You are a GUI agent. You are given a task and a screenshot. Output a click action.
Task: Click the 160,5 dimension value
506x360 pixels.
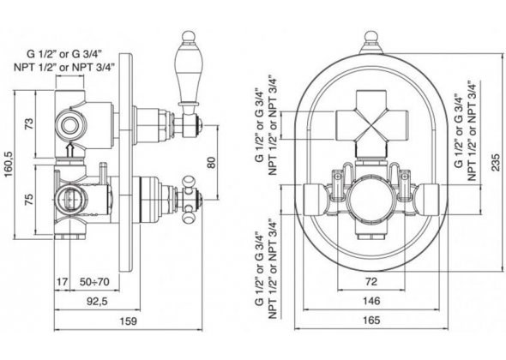coord(8,164)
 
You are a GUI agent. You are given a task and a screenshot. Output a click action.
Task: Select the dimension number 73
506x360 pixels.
coord(28,124)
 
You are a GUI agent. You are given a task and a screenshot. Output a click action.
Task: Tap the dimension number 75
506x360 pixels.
coord(28,200)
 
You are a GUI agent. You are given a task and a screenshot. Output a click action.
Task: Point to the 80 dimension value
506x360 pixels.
coord(210,162)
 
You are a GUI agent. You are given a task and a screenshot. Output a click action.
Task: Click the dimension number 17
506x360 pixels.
coord(63,282)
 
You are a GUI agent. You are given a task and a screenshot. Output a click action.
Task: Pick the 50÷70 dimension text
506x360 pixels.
coord(94,282)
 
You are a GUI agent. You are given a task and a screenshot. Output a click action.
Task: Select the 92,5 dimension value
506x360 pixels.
coord(97,302)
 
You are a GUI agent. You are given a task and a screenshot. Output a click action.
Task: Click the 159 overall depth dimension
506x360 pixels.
coord(128,321)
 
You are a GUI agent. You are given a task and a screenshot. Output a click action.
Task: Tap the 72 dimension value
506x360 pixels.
coord(371,282)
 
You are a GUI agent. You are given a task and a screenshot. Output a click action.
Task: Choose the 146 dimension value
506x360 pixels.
coord(371,301)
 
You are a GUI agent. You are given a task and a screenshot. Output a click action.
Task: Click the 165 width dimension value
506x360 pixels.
coord(371,321)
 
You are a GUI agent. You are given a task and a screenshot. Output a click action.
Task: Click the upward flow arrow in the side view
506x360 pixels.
coord(69,151)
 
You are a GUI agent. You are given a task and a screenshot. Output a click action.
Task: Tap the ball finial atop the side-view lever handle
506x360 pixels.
coord(189,37)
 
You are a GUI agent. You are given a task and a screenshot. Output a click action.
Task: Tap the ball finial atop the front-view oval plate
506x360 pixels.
coord(371,37)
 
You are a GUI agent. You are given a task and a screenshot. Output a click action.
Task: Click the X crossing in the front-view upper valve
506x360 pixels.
coord(371,125)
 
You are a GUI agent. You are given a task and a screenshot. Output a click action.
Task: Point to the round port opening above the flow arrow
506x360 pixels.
coord(69,125)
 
